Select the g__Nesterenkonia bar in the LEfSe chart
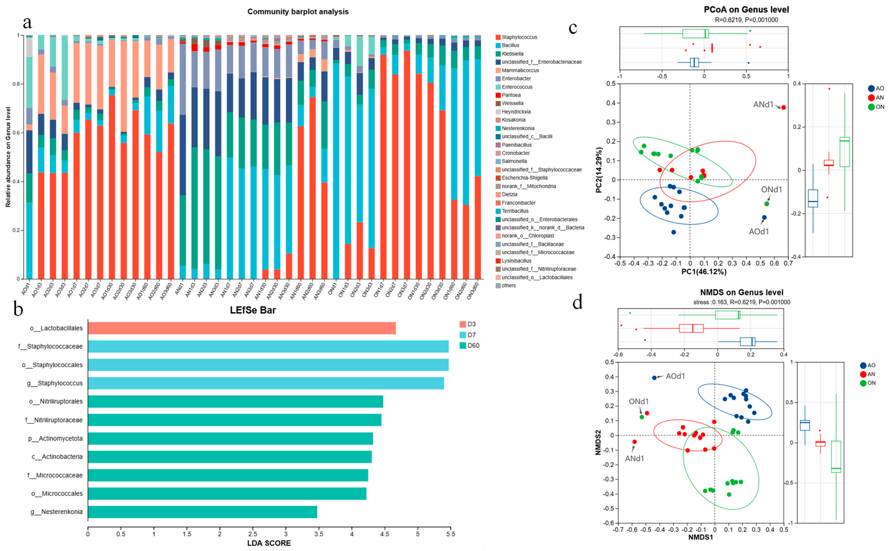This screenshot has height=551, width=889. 202,512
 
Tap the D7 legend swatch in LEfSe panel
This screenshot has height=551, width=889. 463,335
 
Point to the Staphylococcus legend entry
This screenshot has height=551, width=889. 519,37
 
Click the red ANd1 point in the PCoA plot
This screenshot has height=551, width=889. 783,107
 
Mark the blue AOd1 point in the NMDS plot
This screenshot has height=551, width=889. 654,378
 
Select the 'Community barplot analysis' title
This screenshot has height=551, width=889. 298,12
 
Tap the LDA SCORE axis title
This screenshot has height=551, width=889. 269,543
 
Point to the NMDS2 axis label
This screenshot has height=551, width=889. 598,442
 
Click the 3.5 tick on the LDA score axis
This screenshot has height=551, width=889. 319,534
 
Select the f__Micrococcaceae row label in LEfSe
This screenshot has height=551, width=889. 55,475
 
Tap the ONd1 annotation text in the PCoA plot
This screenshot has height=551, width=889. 771,190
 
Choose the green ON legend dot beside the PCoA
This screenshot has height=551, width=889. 871,107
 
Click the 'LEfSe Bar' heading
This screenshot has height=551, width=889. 253,310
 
